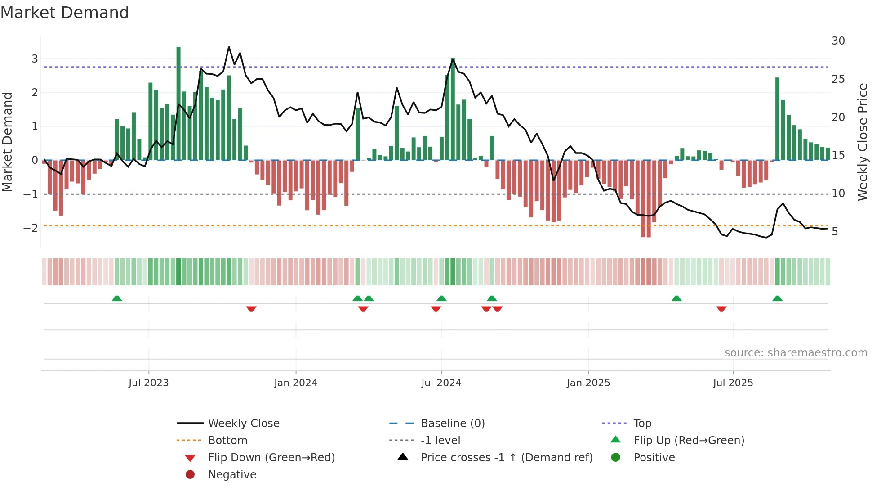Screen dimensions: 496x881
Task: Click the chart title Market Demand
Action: point(65,13)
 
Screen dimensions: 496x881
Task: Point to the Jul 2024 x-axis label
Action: point(441,383)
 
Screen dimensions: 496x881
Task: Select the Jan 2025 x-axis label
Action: point(588,383)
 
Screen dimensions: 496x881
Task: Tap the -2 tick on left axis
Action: point(31,228)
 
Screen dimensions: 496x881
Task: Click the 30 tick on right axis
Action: point(838,41)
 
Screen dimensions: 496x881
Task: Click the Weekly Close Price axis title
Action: point(862,142)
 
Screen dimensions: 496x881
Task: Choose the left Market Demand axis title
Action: point(7,142)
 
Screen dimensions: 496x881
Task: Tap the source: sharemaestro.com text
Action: point(796,353)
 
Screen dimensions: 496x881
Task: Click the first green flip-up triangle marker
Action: point(117,298)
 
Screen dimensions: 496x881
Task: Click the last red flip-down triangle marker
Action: point(721,309)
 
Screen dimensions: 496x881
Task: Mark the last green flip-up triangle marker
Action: point(777,298)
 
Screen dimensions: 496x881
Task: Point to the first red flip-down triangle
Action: point(251,309)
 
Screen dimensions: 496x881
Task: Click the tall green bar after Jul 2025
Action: point(777,119)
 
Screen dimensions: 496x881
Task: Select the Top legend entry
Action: point(642,424)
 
